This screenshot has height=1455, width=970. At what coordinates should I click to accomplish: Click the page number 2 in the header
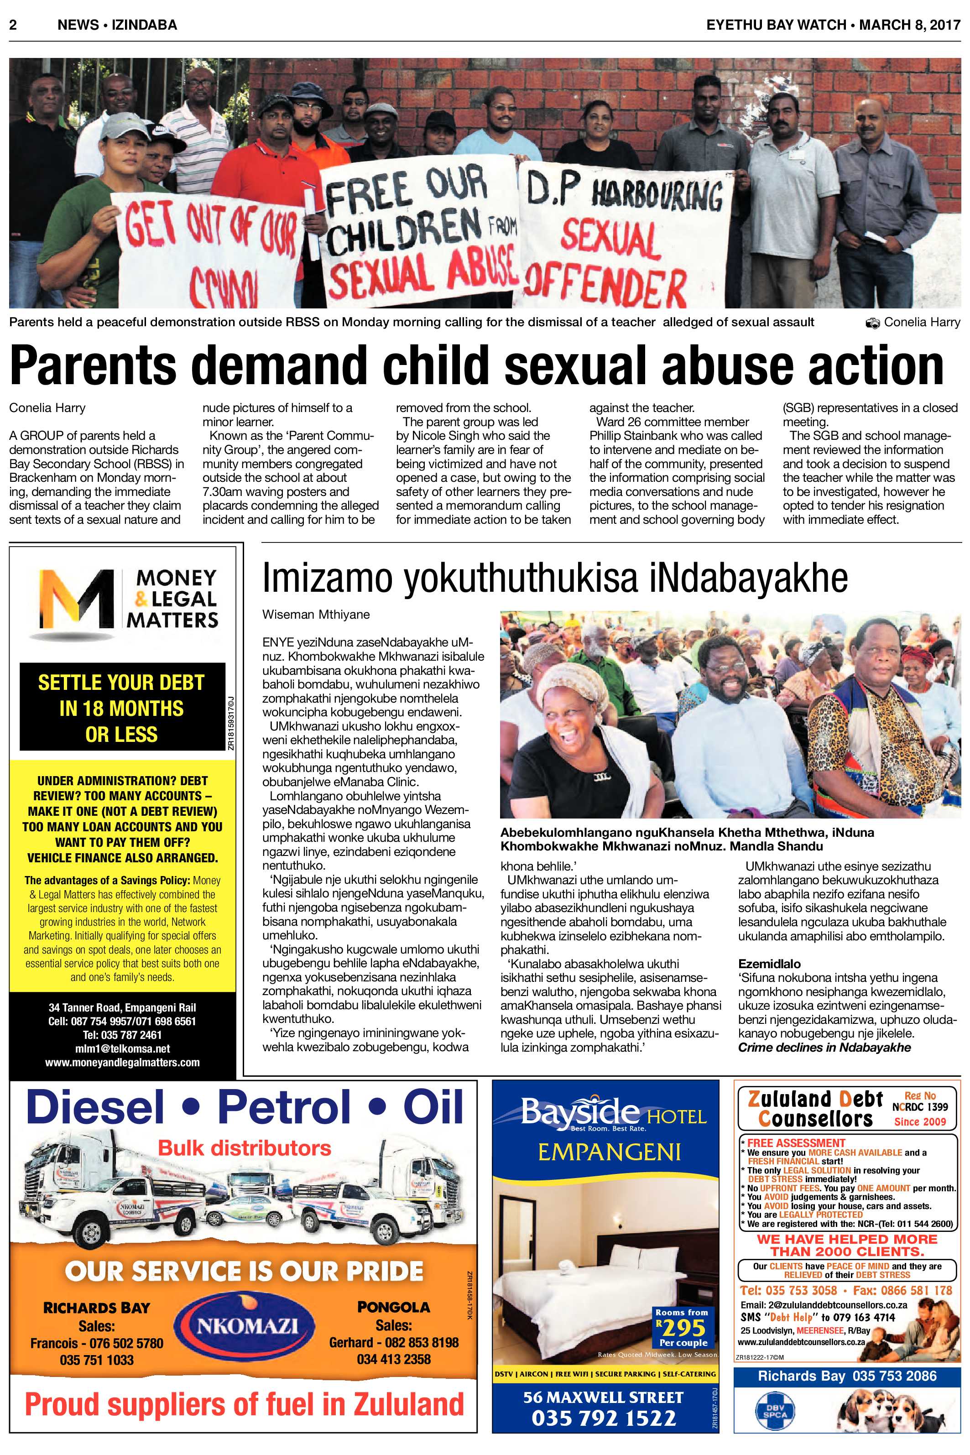[x=13, y=25]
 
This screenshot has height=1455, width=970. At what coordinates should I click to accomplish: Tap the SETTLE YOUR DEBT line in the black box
[x=121, y=683]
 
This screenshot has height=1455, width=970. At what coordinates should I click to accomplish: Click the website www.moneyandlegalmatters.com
[x=122, y=1062]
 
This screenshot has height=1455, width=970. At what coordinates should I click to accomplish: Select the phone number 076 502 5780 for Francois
[x=118, y=1343]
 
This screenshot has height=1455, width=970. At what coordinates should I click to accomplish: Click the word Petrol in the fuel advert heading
[x=283, y=1108]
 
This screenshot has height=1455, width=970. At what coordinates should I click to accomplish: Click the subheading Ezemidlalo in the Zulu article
[x=769, y=964]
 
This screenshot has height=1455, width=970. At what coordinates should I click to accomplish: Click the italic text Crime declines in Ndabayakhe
[x=824, y=1047]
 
